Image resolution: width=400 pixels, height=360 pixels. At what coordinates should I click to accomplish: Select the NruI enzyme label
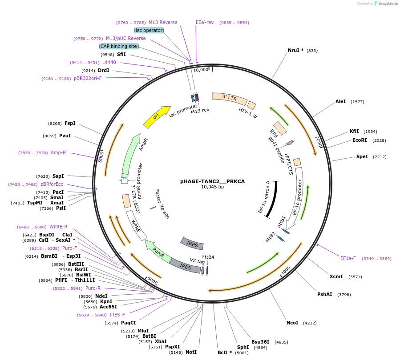click(295, 50)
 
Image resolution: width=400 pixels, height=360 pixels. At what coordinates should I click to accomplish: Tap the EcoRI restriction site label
click(360, 140)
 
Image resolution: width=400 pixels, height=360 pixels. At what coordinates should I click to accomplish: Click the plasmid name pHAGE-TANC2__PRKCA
click(212, 181)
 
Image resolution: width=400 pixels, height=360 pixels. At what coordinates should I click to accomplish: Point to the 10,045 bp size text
click(212, 187)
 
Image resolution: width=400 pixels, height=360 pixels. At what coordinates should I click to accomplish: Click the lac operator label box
click(149, 30)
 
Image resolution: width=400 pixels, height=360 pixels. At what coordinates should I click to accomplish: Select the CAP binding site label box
click(119, 46)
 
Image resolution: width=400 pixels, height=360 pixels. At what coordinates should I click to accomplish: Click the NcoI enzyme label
click(292, 323)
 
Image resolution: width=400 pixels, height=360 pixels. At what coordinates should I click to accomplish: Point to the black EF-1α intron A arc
click(271, 200)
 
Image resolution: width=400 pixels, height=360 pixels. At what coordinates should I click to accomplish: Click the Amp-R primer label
click(58, 152)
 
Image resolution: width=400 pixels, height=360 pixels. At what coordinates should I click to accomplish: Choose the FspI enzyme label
click(70, 123)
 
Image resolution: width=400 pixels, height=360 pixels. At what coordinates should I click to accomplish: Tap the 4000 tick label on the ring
click(285, 270)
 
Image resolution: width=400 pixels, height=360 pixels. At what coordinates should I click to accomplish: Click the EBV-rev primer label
click(205, 22)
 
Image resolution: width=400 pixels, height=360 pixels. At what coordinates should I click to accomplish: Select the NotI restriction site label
click(191, 352)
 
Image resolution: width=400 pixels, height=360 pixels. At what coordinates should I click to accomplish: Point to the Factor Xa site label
click(162, 204)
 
